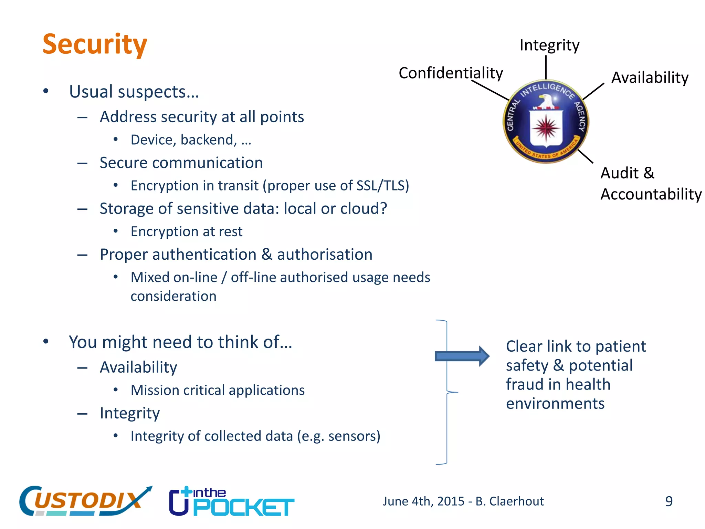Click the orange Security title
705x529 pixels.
[x=95, y=45]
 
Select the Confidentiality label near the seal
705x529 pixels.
[x=451, y=73]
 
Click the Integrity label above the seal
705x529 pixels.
[x=549, y=45]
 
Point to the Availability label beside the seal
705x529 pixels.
[x=650, y=77]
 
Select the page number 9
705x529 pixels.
[x=669, y=501]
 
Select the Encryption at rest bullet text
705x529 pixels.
[x=186, y=231]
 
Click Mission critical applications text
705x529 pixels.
[x=218, y=390]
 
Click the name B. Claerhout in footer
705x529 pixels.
[x=509, y=501]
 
